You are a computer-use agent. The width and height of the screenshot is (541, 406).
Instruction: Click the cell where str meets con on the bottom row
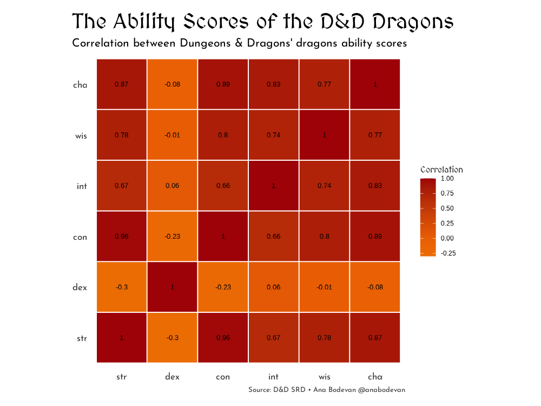[x=223, y=338]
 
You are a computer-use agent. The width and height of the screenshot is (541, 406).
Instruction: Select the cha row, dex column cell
[x=173, y=84]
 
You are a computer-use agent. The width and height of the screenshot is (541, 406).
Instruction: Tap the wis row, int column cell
[x=274, y=135]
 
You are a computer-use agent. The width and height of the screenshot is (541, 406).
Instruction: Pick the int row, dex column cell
[x=173, y=186]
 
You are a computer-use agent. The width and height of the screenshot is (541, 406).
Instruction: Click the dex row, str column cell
[x=122, y=287]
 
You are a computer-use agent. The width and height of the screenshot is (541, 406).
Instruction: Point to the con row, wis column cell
[x=324, y=237]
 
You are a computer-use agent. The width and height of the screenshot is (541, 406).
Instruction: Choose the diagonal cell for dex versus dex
[x=173, y=287]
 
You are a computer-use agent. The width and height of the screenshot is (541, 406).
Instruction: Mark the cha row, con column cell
[x=223, y=84]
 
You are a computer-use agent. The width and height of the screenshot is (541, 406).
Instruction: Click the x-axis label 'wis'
[x=324, y=377]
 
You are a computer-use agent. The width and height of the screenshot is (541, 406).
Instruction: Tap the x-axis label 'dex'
[x=173, y=377]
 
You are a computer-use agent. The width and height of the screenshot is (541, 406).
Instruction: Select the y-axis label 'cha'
[x=80, y=85]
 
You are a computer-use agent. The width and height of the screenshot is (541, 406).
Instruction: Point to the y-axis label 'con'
[x=80, y=237]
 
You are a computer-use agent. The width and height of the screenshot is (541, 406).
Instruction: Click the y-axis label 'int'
[x=82, y=186]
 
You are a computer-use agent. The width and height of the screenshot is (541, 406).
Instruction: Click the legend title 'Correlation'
[x=441, y=169]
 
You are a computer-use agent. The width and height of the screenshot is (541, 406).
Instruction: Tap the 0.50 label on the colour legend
[x=447, y=208]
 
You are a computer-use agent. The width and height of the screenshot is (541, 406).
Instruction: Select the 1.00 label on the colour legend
[x=447, y=179]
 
